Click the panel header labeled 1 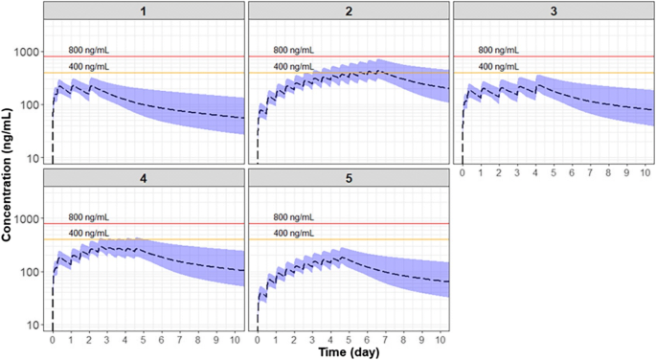pos(144,11)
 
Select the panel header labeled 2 pos(349,11)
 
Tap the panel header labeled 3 pos(553,11)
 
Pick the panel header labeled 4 pos(144,178)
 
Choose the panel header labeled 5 pos(349,178)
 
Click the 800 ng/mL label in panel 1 pos(88,50)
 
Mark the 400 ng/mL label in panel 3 pos(498,66)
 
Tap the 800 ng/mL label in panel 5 pos(293,217)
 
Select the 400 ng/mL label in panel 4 pos(88,234)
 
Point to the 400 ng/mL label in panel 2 pos(293,66)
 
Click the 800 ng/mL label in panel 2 pos(293,50)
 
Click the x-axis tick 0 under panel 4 pos(53,339)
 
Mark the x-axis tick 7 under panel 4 pos(180,339)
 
